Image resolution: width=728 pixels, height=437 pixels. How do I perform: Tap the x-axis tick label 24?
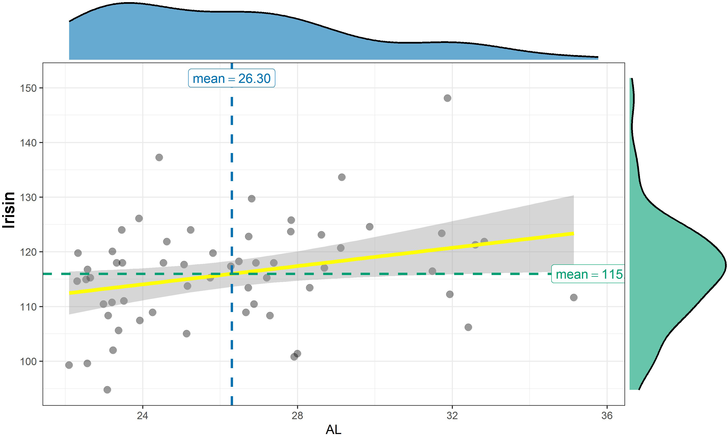tap(142, 416)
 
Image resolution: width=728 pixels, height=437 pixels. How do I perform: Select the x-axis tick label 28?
tap(297, 416)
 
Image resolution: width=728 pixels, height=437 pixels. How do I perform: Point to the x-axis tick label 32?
tap(452, 416)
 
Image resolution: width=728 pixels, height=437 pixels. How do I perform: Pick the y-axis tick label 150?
tap(28, 88)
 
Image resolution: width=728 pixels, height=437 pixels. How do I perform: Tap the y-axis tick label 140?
tap(28, 143)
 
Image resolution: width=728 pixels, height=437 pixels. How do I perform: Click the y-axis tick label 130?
tap(28, 197)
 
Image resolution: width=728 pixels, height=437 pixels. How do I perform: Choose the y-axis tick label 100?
tap(28, 361)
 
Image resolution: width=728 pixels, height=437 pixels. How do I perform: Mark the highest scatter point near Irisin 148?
tap(447, 98)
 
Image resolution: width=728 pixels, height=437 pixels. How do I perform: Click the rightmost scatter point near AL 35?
tap(574, 297)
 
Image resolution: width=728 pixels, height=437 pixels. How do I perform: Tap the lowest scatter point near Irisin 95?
tap(107, 390)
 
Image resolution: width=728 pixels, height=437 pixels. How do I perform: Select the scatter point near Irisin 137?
tap(159, 157)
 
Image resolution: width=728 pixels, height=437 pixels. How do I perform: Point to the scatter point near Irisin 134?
tap(342, 177)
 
